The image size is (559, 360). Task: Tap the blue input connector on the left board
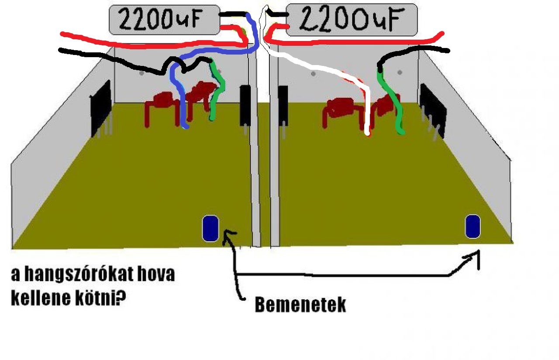[x=210, y=228]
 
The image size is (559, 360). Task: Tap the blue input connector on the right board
[x=472, y=226]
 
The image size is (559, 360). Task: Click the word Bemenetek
[x=300, y=305]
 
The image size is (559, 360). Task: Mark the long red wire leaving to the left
[x=131, y=42]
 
